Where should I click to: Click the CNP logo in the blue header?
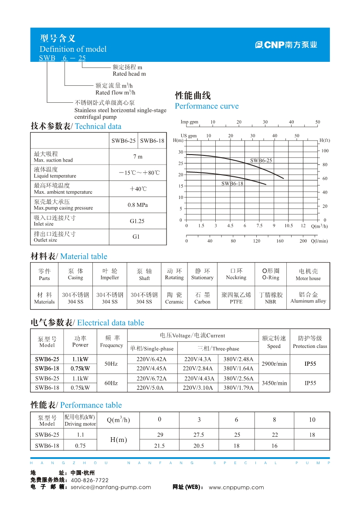tap(286, 44)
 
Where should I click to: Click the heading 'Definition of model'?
tap(73, 49)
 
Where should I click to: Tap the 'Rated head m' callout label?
tap(129, 74)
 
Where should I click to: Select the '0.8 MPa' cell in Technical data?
tap(137, 205)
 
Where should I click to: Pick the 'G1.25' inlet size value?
tap(137, 221)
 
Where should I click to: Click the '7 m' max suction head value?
tap(137, 157)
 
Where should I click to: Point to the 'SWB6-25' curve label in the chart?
tap(261, 161)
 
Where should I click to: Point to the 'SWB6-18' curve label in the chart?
tap(232, 184)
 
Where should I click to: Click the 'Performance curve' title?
tap(207, 106)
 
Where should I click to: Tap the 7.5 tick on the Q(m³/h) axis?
tap(259, 226)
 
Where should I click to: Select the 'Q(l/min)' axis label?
tap(319, 241)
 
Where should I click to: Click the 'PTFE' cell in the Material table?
tap(236, 302)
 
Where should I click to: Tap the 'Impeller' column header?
tap(110, 278)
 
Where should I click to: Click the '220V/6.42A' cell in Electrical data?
tap(152, 359)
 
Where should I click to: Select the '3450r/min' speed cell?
tap(274, 383)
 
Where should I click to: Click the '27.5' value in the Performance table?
tap(199, 435)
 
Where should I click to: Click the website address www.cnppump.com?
tap(236, 487)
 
